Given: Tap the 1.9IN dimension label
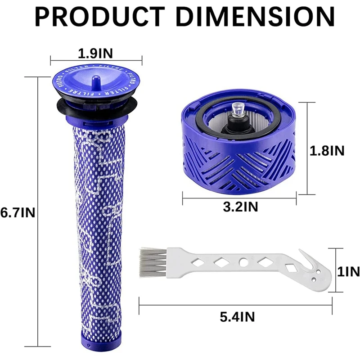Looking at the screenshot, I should click(95, 53).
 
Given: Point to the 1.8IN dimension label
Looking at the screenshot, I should click(327, 151).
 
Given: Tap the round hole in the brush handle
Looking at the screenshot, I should click(243, 261).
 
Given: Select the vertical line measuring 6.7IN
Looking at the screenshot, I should click(38, 211).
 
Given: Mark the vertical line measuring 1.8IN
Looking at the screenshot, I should click(307, 148).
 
